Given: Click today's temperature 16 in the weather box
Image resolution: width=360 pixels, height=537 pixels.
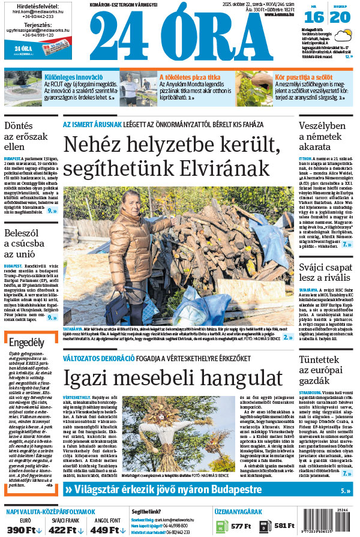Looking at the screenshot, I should click(317, 17).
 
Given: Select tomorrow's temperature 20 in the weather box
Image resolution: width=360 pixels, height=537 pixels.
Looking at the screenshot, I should click(340, 17).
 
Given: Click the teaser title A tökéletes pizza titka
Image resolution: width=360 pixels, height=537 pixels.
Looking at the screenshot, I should click(189, 77).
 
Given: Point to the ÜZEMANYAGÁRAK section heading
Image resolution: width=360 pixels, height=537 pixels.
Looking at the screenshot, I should click(238, 512).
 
